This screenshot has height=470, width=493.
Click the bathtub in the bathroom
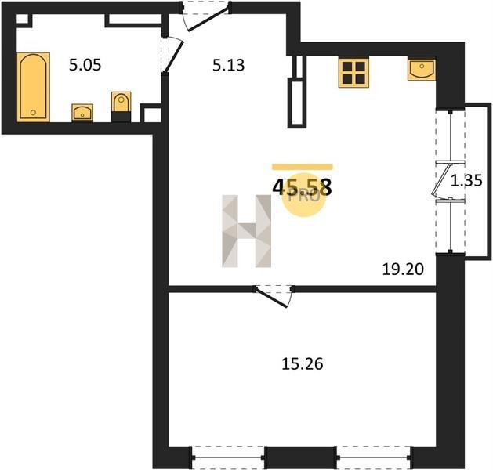click(34, 87)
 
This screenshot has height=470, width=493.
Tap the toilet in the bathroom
click(121, 107)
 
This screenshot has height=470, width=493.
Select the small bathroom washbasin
click(82, 112)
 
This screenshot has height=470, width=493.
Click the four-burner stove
click(353, 72)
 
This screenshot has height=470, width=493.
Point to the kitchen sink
click(422, 70)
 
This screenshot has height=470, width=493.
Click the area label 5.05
click(85, 65)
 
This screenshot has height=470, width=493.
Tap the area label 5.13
click(229, 65)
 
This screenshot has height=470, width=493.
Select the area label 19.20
click(403, 269)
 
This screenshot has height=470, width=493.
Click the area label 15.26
click(303, 364)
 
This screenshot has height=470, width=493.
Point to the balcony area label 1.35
click(466, 181)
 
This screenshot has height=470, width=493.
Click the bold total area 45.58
click(303, 187)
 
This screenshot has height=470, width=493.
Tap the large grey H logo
click(246, 231)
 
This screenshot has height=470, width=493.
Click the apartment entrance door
click(206, 16)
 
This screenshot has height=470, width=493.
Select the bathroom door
click(172, 55)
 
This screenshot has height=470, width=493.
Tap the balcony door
click(442, 181)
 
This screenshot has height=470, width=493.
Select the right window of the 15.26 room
click(374, 457)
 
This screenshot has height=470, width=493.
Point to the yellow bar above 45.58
click(303, 167)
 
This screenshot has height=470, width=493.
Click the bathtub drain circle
click(34, 113)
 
